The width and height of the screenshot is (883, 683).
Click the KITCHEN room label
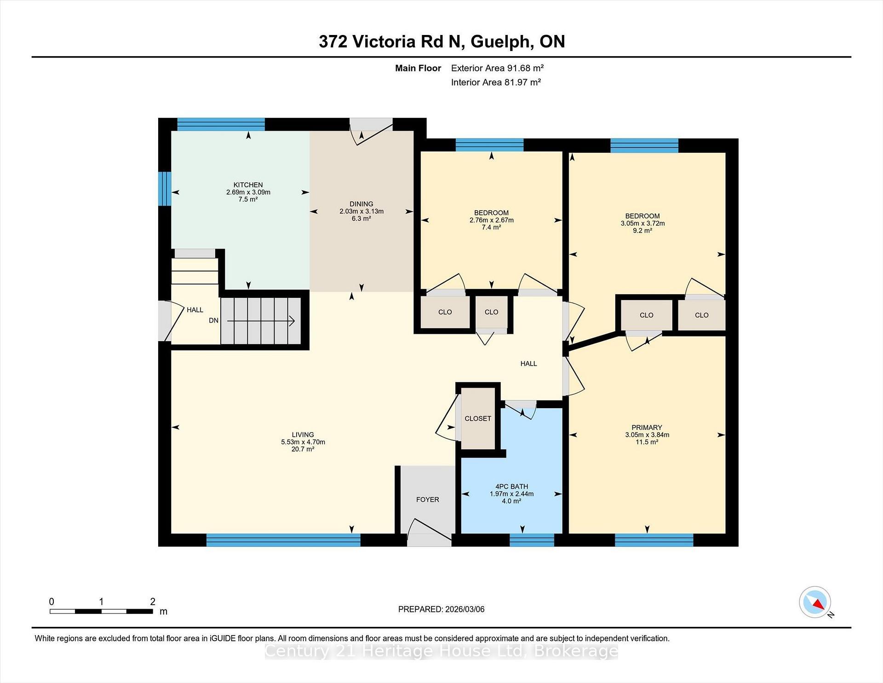(x=248, y=185)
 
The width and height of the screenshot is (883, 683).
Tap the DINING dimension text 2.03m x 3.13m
(x=361, y=211)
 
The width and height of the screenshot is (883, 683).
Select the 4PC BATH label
(x=511, y=486)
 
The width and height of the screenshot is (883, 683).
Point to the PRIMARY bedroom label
(x=647, y=428)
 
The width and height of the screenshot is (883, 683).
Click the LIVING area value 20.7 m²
(x=303, y=449)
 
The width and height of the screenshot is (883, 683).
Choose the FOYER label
(x=427, y=499)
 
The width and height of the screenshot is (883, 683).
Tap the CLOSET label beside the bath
(x=478, y=418)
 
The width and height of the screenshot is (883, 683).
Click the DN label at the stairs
(x=213, y=320)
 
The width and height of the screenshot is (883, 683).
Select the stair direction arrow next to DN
(x=261, y=321)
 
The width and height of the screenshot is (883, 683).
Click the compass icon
(x=814, y=602)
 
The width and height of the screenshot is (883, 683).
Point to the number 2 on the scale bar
(x=153, y=602)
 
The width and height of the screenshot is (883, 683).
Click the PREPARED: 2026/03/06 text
(x=441, y=609)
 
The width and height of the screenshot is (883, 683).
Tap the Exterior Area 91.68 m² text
(x=497, y=68)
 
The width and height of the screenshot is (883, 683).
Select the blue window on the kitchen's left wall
(x=165, y=189)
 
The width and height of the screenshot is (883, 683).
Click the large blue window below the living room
(x=283, y=540)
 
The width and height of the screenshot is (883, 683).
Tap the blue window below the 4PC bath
(x=532, y=540)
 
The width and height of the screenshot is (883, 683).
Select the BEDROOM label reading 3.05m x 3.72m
(x=642, y=216)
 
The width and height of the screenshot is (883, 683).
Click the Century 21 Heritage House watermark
(x=441, y=651)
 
